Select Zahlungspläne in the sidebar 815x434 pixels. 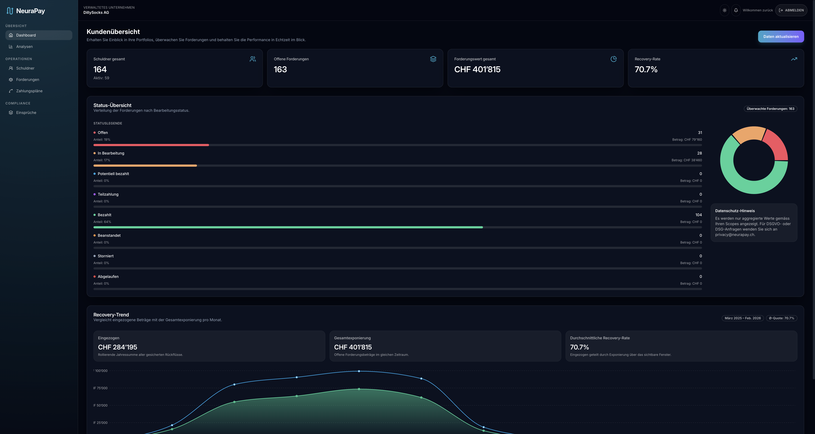coord(29,91)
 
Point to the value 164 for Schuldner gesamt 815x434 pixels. coord(100,70)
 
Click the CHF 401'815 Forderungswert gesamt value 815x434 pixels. coord(477,70)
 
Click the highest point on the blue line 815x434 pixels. coord(359,371)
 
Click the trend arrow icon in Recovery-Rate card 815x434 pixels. coord(794,59)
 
